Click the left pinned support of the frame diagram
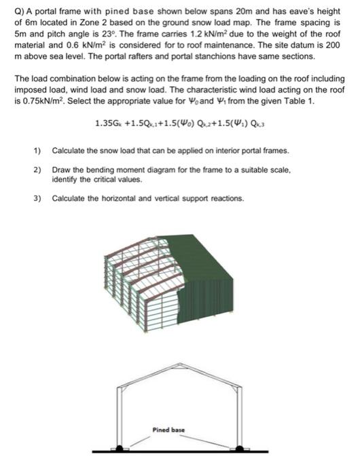pyautogui.click(x=121, y=449)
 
